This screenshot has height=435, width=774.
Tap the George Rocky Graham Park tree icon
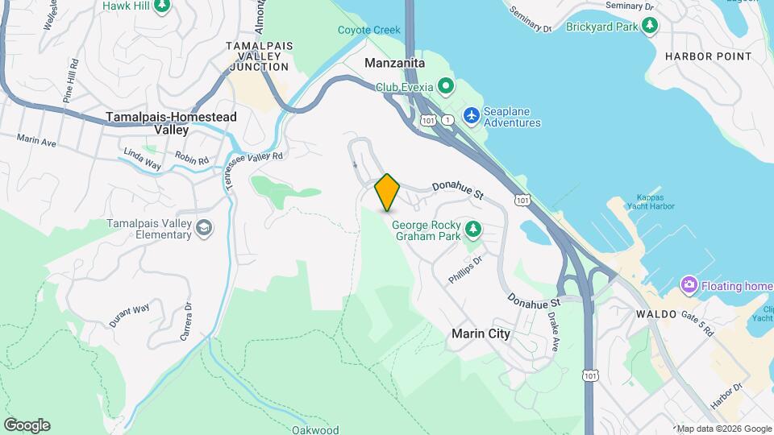[x=472, y=230]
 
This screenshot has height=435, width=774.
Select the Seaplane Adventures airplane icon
[x=472, y=117]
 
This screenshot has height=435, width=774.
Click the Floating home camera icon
[x=689, y=285]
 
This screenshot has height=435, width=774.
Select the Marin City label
[x=481, y=333]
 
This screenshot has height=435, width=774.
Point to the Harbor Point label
[x=708, y=56]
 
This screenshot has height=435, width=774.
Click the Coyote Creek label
[x=368, y=31]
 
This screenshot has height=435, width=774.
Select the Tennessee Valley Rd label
[x=255, y=157]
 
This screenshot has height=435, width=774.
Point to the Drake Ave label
[x=554, y=332]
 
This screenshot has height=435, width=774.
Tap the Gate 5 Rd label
[x=698, y=323]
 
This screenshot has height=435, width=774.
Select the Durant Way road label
[x=129, y=314]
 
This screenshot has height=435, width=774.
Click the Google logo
[x=27, y=425]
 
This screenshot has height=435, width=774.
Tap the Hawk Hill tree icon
[x=162, y=6]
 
